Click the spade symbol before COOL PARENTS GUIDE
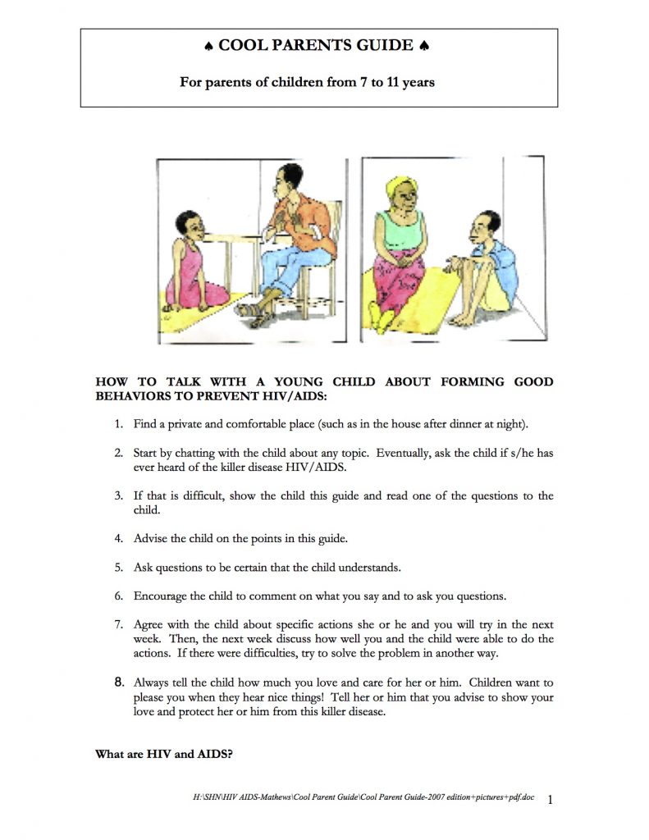tap(208, 46)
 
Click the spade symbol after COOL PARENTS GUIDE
tap(424, 46)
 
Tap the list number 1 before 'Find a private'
tap(118, 425)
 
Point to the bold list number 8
tap(118, 681)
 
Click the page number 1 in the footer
tap(550, 799)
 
